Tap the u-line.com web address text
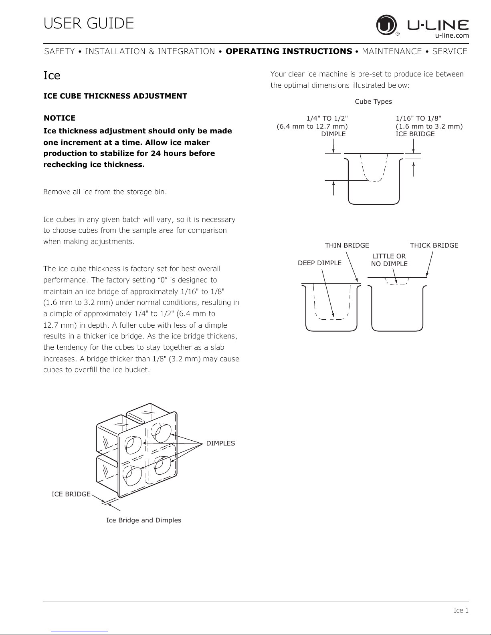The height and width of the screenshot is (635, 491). click(452, 36)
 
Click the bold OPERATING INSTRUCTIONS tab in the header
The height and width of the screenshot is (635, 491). click(289, 51)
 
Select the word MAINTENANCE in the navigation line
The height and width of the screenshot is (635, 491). click(392, 51)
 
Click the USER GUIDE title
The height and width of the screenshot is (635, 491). click(89, 23)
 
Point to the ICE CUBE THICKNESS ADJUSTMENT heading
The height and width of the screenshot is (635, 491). click(115, 96)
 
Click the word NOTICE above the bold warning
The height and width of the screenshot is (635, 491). click(59, 118)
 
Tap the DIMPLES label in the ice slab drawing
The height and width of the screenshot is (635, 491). click(220, 443)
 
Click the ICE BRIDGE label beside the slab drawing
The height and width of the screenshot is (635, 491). click(71, 494)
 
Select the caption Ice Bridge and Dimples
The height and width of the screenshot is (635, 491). click(143, 520)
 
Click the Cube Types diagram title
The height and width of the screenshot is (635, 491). click(373, 102)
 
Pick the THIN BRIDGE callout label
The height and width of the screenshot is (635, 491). click(347, 245)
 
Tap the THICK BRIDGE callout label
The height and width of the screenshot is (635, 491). click(434, 245)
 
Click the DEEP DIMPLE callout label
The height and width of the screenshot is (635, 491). click(319, 263)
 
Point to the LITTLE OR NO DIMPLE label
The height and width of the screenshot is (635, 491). click(389, 260)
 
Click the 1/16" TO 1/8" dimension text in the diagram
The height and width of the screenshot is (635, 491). click(418, 118)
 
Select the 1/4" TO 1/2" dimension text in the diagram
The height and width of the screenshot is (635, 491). click(327, 118)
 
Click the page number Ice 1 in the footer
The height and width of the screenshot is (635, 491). click(461, 611)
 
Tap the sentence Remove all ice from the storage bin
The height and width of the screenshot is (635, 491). click(105, 192)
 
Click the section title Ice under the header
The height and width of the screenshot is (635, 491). click(52, 75)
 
